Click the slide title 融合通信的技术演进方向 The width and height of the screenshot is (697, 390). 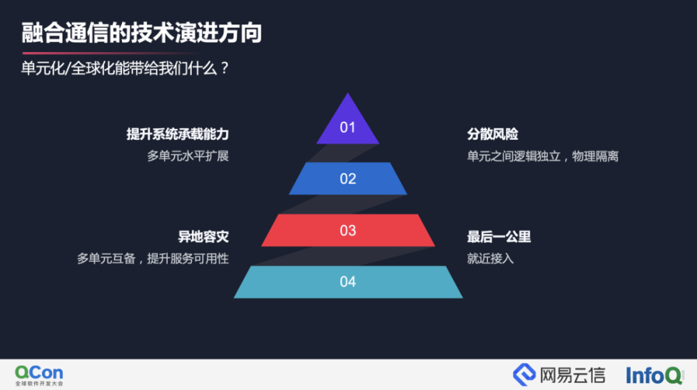coord(141,33)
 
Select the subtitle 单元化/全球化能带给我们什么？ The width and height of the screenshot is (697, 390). coord(125,68)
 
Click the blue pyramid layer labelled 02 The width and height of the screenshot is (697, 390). coord(348,178)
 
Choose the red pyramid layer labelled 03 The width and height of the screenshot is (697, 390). coord(348,230)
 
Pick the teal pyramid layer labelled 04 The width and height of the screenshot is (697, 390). coord(348,282)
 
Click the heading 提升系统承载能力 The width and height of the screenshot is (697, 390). coord(177,134)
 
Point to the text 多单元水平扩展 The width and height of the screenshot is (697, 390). coord(188,157)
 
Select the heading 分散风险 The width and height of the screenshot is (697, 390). coord(493,134)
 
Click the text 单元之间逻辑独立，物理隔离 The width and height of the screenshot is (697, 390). coord(543,157)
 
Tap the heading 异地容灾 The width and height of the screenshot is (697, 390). coord(203,237)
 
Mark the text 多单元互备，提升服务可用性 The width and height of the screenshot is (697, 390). coord(153,258)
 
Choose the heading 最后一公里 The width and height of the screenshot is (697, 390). coord(499,237)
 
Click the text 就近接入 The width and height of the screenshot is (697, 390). coord(490,258)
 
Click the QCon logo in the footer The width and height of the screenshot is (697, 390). coord(39,375)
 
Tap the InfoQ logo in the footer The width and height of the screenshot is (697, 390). coord(654,375)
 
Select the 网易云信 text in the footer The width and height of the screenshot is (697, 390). coord(572,375)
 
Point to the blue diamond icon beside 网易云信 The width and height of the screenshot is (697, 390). coord(525,375)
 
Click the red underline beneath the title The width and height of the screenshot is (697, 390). coord(111,53)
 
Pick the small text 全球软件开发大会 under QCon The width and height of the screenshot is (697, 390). coord(39,383)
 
